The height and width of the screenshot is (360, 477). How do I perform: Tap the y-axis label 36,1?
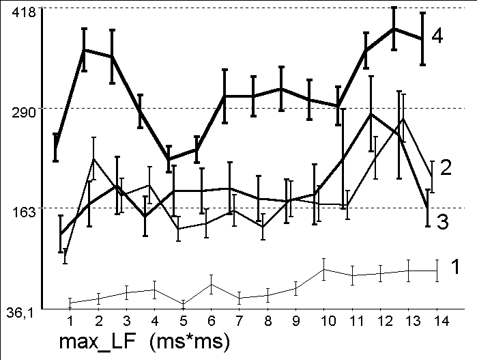[18, 314]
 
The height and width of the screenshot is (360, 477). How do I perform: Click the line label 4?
[437, 36]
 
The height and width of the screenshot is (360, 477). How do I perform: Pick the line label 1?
[455, 267]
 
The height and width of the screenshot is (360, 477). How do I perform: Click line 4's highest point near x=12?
[394, 29]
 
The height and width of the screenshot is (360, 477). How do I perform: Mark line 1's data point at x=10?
[324, 269]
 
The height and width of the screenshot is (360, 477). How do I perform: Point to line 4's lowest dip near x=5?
[169, 159]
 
